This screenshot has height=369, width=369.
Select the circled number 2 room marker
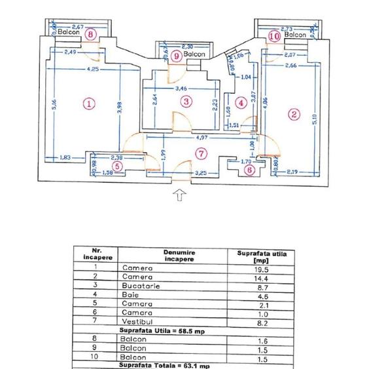294,114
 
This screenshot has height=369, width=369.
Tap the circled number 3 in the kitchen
187,102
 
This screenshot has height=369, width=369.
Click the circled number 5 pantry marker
117,166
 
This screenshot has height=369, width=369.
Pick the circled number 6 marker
249,168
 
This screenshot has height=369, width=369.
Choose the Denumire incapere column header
175,256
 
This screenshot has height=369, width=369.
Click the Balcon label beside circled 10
295,35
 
